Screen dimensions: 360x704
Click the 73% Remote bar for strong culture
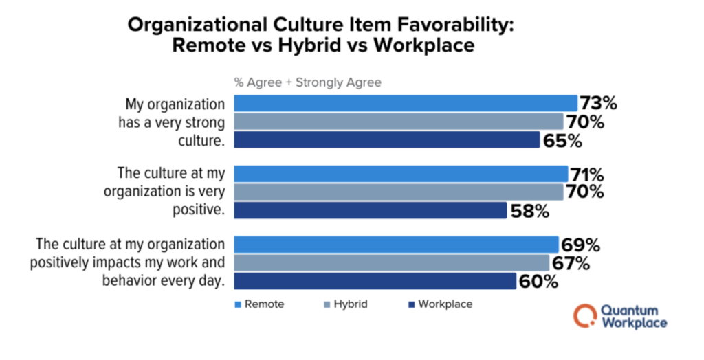coord(406,103)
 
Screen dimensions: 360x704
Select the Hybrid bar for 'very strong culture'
coord(399,122)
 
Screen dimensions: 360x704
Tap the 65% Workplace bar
coord(387,140)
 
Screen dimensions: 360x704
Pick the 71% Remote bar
coord(401,173)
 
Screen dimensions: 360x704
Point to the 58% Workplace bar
coord(371,210)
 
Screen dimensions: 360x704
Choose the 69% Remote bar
coord(396,244)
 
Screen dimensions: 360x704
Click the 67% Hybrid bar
coord(392,262)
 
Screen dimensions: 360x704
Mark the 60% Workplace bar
coord(375,281)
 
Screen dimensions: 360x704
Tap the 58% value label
coord(530,211)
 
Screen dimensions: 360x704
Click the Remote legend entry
coord(259,303)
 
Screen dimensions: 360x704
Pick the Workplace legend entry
coord(439,303)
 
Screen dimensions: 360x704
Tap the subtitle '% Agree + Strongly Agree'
coord(307,82)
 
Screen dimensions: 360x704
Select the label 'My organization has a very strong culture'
coord(175,122)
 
